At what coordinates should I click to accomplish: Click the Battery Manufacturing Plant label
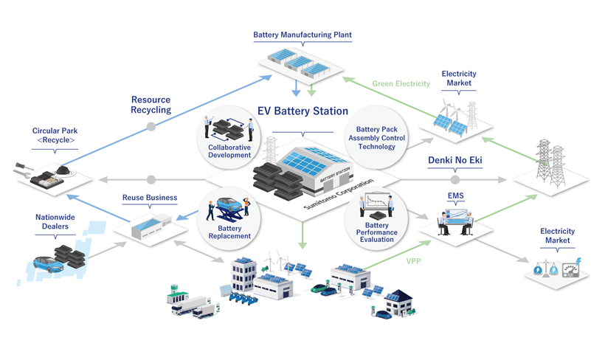[302, 34]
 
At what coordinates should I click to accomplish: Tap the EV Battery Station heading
[302, 111]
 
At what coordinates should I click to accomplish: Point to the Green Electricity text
[401, 83]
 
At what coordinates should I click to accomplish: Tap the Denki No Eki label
[455, 160]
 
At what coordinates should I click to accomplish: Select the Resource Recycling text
[151, 105]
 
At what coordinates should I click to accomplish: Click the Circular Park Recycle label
[53, 135]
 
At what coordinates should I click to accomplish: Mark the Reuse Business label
[150, 198]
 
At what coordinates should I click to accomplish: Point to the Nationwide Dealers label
[56, 222]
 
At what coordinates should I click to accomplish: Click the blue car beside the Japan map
[47, 262]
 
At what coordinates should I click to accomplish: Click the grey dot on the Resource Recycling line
[151, 127]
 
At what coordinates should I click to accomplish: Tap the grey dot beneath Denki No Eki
[455, 179]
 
